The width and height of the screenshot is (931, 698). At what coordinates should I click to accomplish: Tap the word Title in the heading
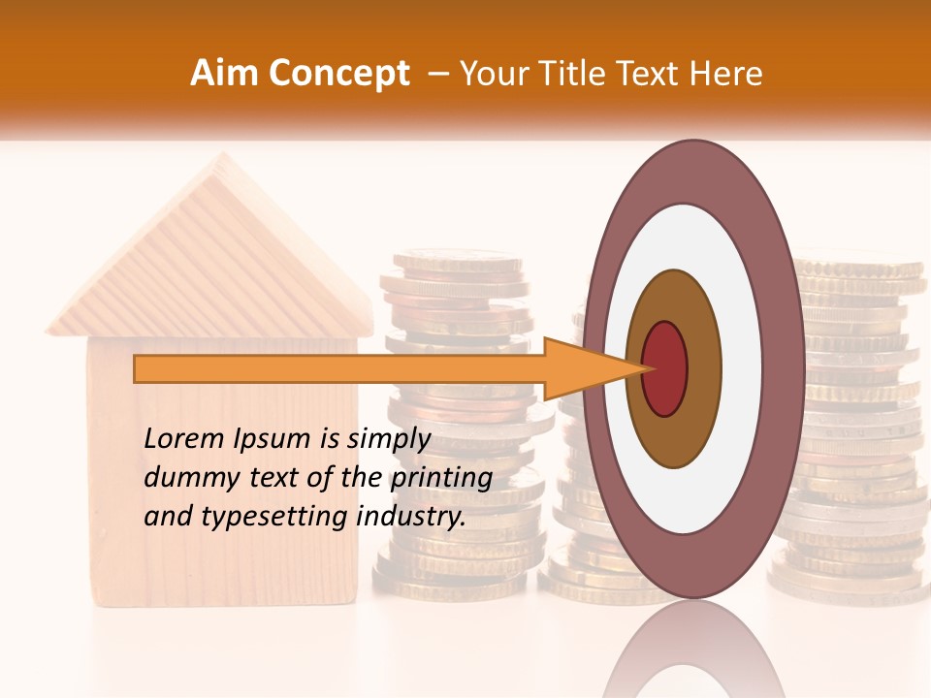pos(579,74)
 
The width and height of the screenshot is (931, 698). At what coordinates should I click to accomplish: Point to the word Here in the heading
pos(727,74)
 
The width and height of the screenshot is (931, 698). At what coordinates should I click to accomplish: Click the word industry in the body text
pos(412,517)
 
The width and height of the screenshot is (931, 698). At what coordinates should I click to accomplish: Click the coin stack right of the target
pos(853,436)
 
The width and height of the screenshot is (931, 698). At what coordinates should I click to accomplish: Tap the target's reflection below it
pos(692,650)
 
